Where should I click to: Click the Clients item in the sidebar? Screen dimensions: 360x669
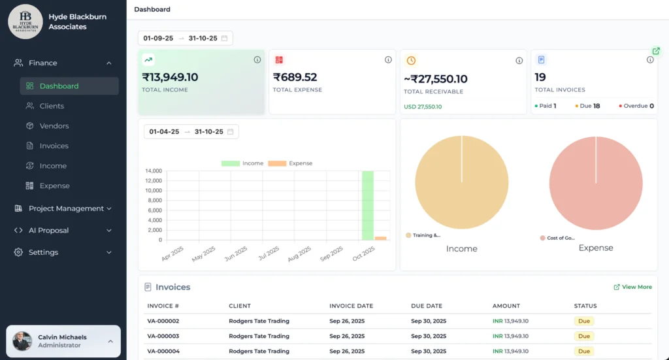pos(52,106)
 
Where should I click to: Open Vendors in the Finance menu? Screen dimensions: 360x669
pos(54,126)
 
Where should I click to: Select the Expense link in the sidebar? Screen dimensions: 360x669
pos(54,186)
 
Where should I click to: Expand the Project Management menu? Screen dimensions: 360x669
pos(66,208)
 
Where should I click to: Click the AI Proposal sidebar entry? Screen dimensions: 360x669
pos(48,231)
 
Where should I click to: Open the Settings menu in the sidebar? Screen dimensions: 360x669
pos(43,252)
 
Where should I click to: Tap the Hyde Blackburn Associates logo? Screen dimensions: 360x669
pos(25,22)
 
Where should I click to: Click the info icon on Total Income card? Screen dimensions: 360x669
pos(257,60)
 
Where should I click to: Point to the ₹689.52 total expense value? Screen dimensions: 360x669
pos(295,77)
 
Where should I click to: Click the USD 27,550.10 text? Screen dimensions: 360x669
pos(423,106)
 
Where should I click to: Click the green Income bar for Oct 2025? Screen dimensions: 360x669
pos(367,205)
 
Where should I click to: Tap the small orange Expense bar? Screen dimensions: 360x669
pos(380,238)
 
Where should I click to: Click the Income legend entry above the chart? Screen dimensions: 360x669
pos(242,163)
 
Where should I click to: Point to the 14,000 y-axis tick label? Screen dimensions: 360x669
pos(154,171)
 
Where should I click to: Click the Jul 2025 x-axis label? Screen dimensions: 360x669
pos(269,253)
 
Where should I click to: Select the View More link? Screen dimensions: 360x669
pos(632,287)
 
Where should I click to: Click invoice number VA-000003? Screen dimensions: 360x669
pos(163,336)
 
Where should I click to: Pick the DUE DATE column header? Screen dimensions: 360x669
pos(426,306)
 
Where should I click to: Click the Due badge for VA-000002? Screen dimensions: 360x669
pos(583,321)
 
